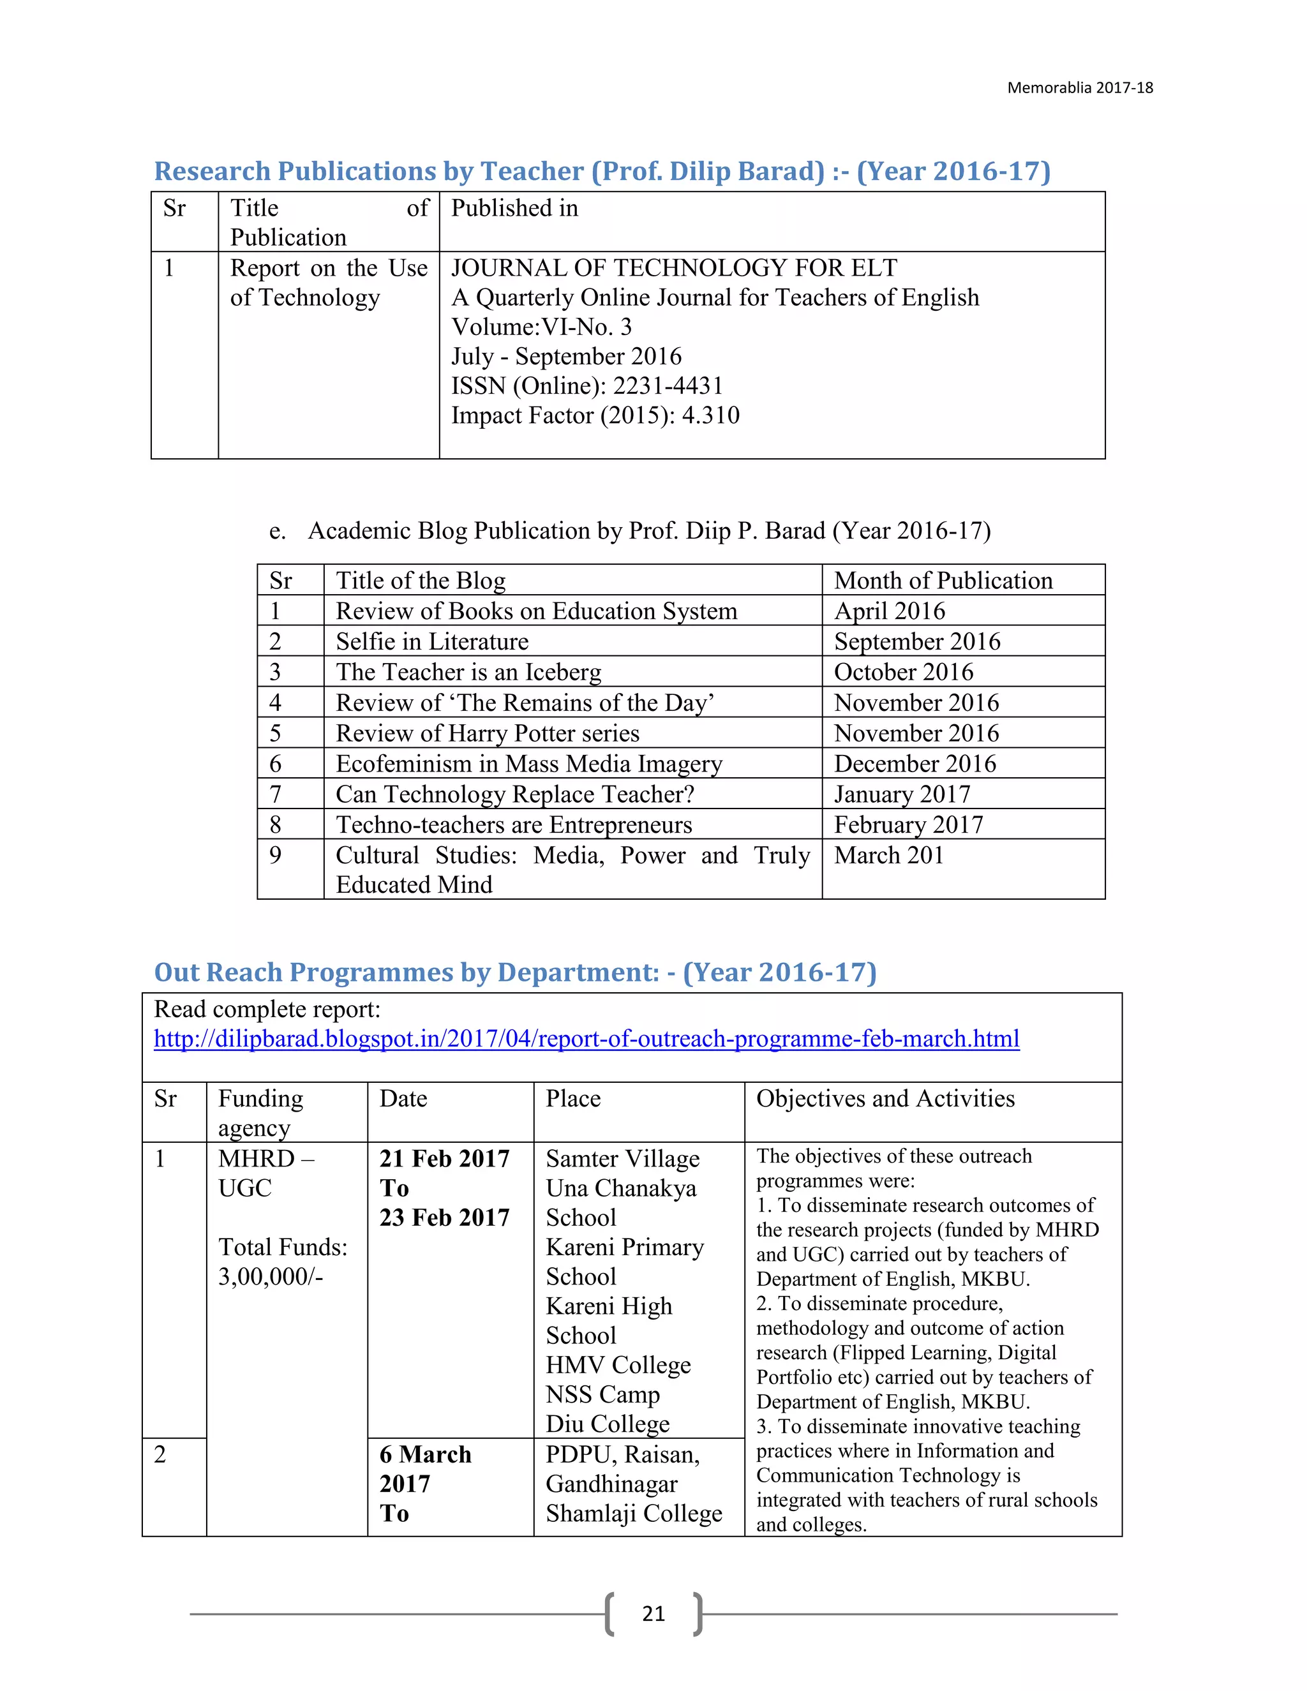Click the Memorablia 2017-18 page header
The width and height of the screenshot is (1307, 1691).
tap(1079, 87)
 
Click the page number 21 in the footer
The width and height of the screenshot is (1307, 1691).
tap(653, 1614)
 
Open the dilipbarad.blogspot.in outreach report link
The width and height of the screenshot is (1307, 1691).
tap(586, 1038)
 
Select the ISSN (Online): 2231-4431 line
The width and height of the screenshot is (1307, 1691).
tap(587, 385)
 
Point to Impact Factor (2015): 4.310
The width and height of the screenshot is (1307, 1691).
tap(595, 415)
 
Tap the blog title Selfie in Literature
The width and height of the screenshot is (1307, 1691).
tap(432, 641)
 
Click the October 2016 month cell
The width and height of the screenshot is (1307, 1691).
tap(903, 671)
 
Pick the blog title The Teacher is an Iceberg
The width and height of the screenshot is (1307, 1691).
tap(468, 671)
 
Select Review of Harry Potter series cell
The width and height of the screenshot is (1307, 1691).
tap(487, 733)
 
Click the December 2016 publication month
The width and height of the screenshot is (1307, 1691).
tap(915, 763)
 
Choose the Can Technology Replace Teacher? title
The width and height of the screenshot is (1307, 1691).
tap(514, 794)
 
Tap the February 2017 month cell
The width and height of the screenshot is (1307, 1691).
tap(907, 824)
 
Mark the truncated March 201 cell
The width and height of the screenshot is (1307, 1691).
tap(888, 855)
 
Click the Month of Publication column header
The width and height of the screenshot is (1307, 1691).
tap(943, 580)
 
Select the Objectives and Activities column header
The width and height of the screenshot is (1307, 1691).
tap(885, 1098)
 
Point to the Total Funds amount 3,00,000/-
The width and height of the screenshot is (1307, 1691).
tap(270, 1276)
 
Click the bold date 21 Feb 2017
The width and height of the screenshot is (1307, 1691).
tap(444, 1158)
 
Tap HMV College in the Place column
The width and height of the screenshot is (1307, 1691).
tap(618, 1364)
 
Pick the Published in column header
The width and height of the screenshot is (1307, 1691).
tap(514, 207)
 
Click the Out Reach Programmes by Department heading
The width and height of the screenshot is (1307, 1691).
tap(515, 972)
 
